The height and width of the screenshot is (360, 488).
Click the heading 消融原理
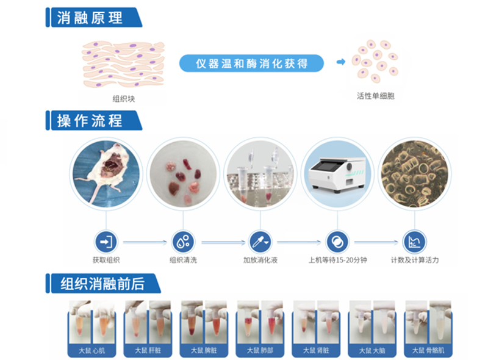89,17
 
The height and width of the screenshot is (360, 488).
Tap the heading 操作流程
89,120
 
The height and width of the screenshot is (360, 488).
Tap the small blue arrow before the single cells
341,62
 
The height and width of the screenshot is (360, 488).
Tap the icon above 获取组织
106,242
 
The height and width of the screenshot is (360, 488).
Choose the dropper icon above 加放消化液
259,242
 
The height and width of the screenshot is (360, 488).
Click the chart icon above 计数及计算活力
413,242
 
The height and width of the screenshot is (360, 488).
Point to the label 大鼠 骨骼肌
432,350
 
